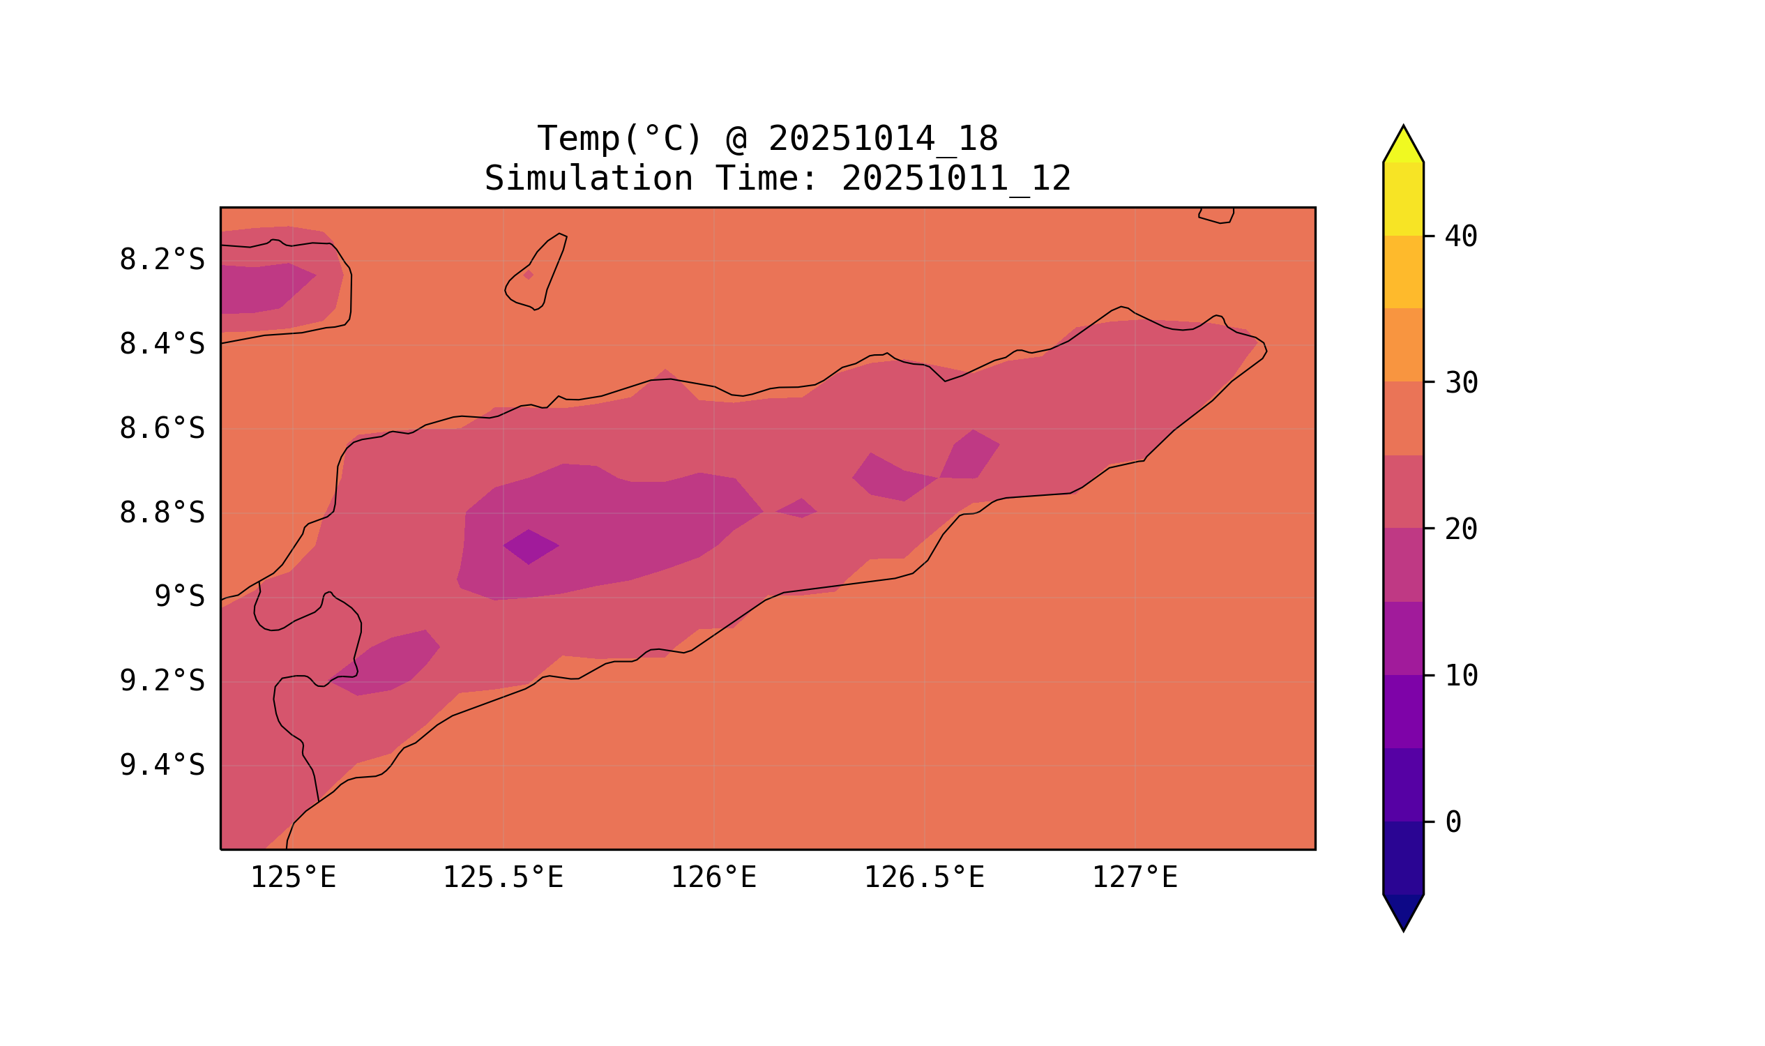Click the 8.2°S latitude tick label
(161, 260)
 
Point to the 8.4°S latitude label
(161, 344)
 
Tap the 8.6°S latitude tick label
(161, 429)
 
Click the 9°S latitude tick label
(179, 597)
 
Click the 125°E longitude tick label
(293, 878)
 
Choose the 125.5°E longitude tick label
(503, 878)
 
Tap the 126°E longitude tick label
(713, 878)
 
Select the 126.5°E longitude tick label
(923, 878)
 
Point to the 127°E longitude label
(1134, 878)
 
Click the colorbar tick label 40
(1460, 237)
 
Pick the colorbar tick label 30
(1460, 384)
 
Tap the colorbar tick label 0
(1453, 823)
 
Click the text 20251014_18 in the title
(883, 139)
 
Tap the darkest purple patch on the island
(530, 546)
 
